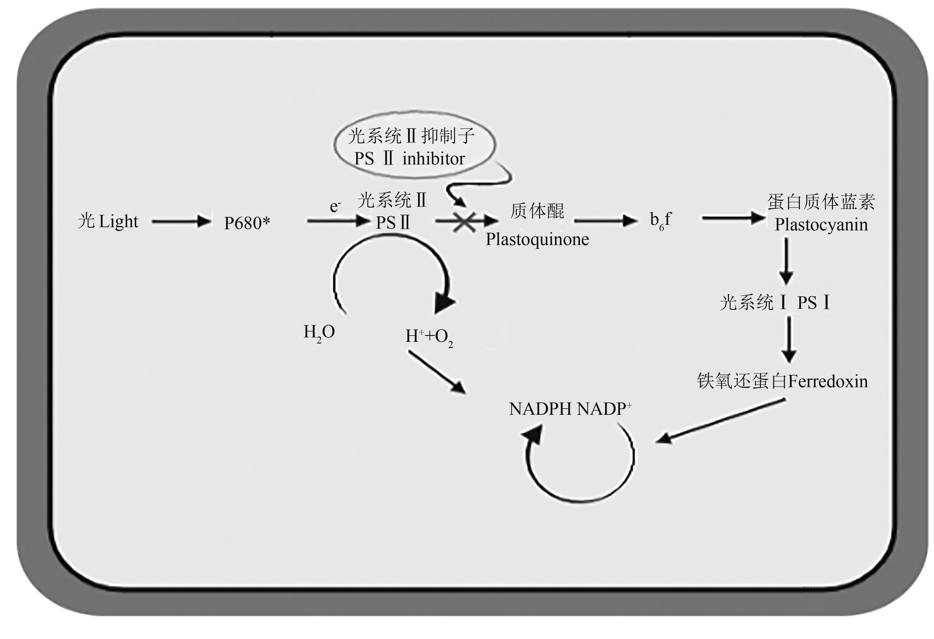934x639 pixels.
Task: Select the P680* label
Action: (247, 223)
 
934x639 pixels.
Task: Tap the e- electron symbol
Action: (335, 207)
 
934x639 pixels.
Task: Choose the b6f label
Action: (660, 221)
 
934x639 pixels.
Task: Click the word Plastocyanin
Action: (821, 225)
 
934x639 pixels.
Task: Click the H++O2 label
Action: (429, 337)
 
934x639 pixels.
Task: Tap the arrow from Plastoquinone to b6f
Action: (605, 221)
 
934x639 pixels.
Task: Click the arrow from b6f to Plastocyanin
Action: (733, 218)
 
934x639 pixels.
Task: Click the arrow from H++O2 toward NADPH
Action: (437, 372)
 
